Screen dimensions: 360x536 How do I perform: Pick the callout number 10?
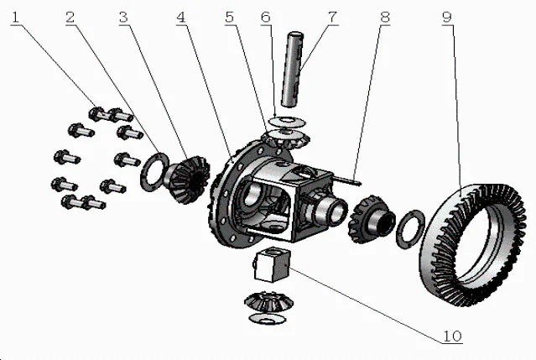coord(450,337)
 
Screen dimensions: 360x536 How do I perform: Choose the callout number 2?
coord(72,14)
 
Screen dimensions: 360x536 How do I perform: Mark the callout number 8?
coord(383,14)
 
